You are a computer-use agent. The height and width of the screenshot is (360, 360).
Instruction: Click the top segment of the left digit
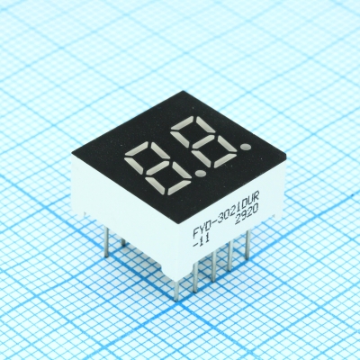[x=136, y=148]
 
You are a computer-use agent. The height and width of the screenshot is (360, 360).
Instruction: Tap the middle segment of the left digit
[x=157, y=167]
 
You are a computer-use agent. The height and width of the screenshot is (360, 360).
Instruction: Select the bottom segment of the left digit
[x=179, y=187]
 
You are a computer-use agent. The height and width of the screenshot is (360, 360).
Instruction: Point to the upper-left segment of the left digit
[x=133, y=166]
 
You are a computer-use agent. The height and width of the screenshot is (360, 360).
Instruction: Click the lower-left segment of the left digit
[x=155, y=184]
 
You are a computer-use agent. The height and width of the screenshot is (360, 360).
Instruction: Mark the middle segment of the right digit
[x=203, y=141]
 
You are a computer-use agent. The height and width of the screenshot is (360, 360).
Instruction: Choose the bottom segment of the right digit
[x=225, y=160]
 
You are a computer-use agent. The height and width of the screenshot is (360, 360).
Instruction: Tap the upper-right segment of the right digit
[x=205, y=124]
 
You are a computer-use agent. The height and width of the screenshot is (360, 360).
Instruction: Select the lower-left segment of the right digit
[x=201, y=157]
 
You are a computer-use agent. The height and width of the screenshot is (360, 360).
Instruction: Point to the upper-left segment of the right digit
[x=180, y=139]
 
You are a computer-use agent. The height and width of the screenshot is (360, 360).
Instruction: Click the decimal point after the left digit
[x=201, y=173]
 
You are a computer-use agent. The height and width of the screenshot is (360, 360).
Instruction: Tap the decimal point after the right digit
[x=246, y=147]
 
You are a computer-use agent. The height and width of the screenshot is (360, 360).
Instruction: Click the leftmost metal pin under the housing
[x=106, y=241]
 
